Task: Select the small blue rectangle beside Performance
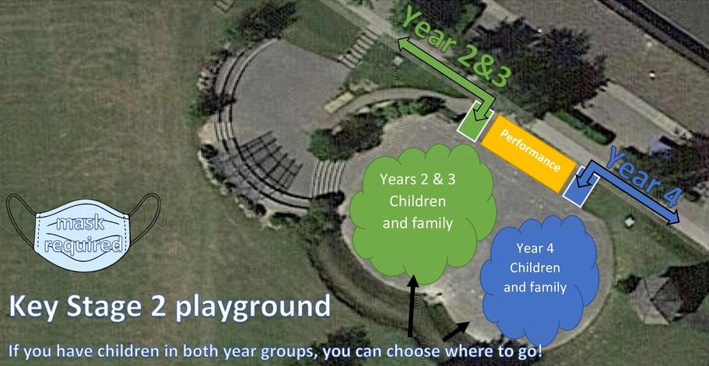tap(581, 186)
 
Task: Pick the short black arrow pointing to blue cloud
tap(455, 331)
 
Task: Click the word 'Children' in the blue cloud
tap(535, 267)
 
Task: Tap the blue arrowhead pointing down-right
tap(670, 216)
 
